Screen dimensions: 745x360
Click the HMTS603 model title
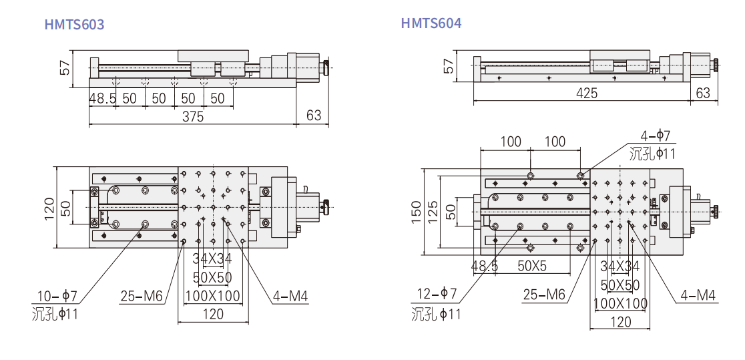pyautogui.click(x=74, y=24)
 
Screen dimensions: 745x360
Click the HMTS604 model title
pyautogui.click(x=431, y=23)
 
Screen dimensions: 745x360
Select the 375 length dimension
pyautogui.click(x=192, y=116)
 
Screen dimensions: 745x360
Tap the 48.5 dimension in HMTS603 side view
pyautogui.click(x=103, y=98)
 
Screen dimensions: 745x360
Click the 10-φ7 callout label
pyautogui.click(x=57, y=296)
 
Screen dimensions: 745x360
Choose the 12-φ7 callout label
pyautogui.click(x=437, y=294)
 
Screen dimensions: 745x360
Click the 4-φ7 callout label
pyautogui.click(x=655, y=136)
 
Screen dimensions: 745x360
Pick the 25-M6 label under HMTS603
pyautogui.click(x=142, y=297)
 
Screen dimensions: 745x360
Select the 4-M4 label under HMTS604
pyautogui.click(x=698, y=295)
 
